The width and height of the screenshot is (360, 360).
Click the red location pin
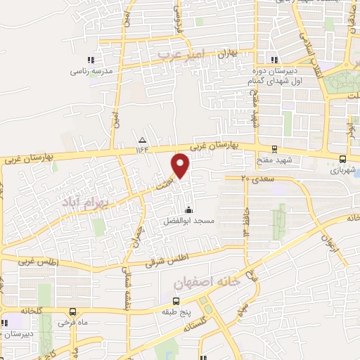tap(181, 167)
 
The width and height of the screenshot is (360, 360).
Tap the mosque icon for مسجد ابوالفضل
tap(188, 210)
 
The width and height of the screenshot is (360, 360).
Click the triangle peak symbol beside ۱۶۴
tap(143, 139)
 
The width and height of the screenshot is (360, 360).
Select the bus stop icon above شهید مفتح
tap(273, 149)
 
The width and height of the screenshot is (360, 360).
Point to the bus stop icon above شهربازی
tap(342, 160)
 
